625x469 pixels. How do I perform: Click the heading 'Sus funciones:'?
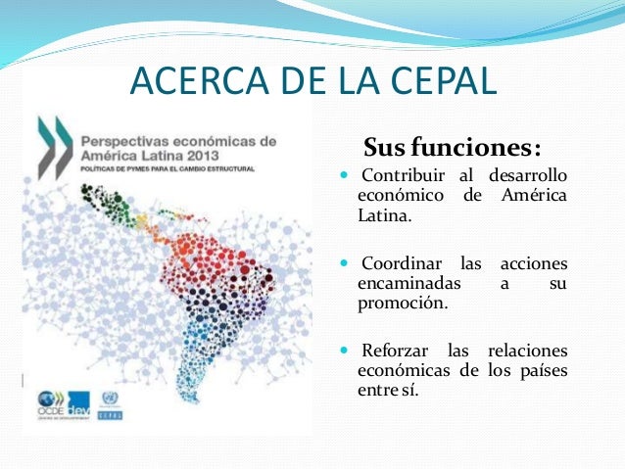tap(452, 149)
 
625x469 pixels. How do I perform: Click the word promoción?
tap(402, 304)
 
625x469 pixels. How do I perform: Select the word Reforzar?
tap(397, 351)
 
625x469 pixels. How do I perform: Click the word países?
tap(545, 370)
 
